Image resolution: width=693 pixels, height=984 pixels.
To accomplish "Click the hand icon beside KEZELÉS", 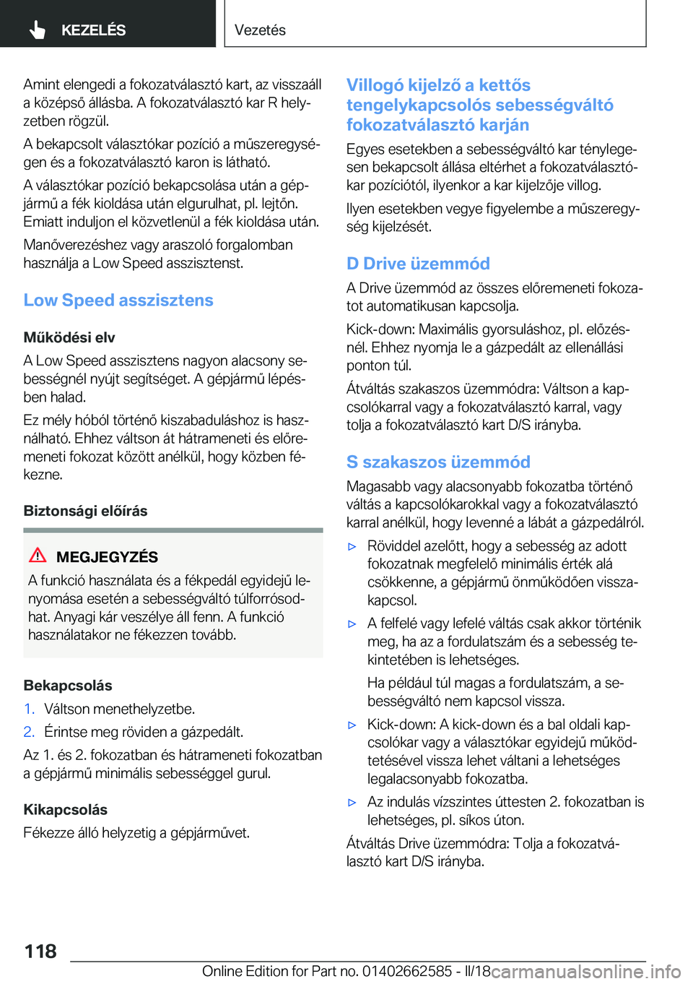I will coord(38,30).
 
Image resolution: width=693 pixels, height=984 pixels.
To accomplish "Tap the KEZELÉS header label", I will coord(93,30).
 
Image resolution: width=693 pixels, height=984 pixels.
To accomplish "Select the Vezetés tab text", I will coord(260,30).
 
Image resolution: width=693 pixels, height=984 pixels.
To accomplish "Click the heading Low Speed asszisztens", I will coord(118,301).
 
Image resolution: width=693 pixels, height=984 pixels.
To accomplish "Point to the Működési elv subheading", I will coord(69,337).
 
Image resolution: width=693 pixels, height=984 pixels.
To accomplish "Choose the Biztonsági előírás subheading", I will coord(85,511).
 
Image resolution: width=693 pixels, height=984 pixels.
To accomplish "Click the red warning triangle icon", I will coord(38,556).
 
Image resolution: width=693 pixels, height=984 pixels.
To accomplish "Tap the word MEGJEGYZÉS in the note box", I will coord(107,557).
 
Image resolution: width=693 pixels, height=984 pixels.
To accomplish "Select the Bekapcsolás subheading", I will coord(68,686).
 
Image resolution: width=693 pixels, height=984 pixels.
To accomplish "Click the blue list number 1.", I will coord(28,709).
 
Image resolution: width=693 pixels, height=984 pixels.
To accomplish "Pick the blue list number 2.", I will coord(29,732).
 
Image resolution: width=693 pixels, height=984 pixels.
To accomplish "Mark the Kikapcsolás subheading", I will coord(66,810).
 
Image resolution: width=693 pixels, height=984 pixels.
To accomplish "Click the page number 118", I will coord(40,951).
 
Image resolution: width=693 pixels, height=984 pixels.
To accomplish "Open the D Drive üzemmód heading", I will coord(418,264).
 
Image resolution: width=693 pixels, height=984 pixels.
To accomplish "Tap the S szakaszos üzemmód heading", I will coord(438,462).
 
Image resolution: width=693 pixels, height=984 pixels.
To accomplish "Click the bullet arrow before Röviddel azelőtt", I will coord(352,547).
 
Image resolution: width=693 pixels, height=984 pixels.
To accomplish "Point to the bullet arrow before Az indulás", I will coord(352,803).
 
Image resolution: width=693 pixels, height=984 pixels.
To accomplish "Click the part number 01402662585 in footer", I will coord(407,972).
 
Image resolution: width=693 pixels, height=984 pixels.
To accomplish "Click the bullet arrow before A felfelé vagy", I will coord(352,624).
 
